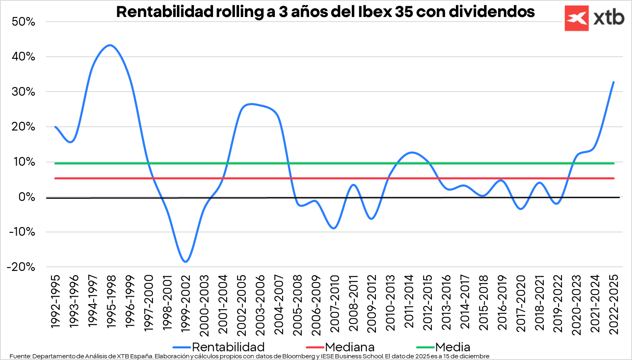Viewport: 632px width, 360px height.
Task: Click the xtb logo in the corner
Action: [594, 18]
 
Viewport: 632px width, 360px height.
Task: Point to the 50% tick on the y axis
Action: [24, 22]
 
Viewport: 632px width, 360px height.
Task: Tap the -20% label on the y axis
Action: [21, 267]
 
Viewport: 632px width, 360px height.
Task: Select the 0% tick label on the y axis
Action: [27, 197]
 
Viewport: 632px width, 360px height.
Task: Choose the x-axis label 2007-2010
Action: [334, 303]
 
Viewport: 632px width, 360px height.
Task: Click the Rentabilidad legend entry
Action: [228, 347]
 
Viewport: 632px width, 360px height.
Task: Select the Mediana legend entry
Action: [349, 347]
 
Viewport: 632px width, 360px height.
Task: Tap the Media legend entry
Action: [453, 347]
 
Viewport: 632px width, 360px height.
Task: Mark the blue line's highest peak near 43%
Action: [110, 45]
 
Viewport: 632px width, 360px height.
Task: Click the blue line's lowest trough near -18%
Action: [185, 262]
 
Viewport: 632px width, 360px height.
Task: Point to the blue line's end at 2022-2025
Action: [613, 82]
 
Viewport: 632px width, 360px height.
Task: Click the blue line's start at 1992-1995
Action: [55, 127]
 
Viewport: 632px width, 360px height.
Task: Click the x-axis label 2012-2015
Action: [427, 302]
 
